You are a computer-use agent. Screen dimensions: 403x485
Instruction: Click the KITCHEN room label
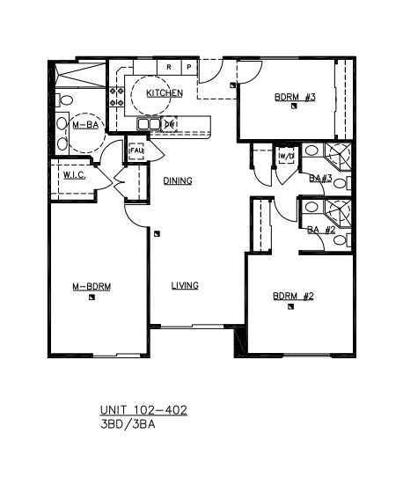coord(165,93)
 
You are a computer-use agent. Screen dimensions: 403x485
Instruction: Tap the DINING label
coord(178,180)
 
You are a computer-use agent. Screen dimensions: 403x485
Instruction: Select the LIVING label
coord(185,285)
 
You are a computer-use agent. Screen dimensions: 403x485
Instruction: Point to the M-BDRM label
coord(92,287)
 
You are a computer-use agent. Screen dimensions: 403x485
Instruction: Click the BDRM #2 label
coord(293,297)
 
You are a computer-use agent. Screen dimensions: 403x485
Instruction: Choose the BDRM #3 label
coord(295,97)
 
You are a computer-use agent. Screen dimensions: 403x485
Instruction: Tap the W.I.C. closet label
coord(75,175)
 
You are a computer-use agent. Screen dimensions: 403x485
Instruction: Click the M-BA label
coord(85,125)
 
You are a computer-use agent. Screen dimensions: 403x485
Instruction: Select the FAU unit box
coord(136,151)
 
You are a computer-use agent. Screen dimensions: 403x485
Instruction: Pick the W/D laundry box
coord(286,157)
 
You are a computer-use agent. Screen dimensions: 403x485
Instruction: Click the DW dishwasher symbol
coord(170,124)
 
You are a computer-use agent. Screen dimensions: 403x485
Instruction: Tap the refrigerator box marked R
coord(169,67)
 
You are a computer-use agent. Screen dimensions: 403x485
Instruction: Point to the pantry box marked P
coord(189,67)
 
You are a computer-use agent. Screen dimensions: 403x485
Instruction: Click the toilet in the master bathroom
coord(64,100)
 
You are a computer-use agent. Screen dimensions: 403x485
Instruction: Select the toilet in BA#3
coord(342,183)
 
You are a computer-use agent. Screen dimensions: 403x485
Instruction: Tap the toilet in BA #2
coord(342,240)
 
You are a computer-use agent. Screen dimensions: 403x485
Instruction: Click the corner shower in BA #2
coord(338,213)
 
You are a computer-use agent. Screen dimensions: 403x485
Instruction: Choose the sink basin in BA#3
coord(311,151)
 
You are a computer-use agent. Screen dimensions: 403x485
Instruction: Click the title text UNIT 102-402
coord(143,410)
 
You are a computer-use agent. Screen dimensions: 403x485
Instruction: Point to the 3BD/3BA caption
coord(128,424)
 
